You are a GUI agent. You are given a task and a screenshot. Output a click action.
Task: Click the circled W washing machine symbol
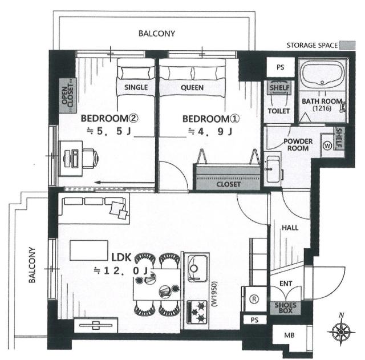(327, 146)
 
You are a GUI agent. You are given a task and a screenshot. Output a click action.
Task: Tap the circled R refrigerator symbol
(254, 299)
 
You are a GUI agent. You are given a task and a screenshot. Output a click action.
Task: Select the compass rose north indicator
(341, 330)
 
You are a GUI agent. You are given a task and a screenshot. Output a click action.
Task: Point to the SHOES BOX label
(285, 308)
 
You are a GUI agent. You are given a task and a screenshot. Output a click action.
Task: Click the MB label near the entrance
(289, 335)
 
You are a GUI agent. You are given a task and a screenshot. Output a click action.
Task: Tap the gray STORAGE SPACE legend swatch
(347, 45)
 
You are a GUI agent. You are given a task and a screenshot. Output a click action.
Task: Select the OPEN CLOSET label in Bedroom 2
(68, 95)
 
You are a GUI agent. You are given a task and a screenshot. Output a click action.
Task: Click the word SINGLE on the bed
(136, 87)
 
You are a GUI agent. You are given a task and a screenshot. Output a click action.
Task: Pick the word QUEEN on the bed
(192, 88)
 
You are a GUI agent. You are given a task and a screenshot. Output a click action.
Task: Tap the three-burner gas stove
(197, 312)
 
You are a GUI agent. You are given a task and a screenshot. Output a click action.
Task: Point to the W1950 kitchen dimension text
(214, 294)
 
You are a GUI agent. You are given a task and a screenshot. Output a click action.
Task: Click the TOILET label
(279, 111)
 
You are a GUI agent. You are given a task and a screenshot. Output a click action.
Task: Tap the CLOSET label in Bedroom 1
(228, 184)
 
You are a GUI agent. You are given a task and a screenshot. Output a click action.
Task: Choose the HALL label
(290, 228)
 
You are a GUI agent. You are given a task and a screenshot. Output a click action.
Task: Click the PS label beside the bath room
(280, 67)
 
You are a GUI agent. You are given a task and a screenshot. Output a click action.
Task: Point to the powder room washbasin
(273, 169)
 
